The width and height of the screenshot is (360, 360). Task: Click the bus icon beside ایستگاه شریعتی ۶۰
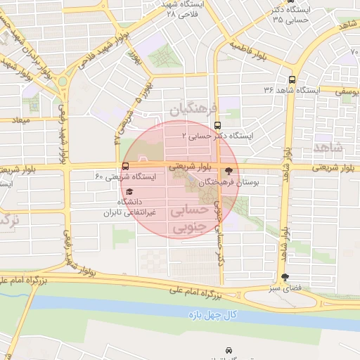pos(125,167)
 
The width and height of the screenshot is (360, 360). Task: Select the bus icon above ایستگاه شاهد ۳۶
pos(292,79)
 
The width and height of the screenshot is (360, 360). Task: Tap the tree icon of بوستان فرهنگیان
pos(229,171)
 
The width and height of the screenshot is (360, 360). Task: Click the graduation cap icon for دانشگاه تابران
pos(129,191)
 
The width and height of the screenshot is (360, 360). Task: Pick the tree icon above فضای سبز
pos(284,277)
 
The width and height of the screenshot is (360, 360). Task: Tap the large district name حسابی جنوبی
pos(191,219)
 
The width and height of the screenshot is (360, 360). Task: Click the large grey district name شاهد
pos(328,148)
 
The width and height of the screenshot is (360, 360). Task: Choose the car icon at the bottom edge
pos(229,349)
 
